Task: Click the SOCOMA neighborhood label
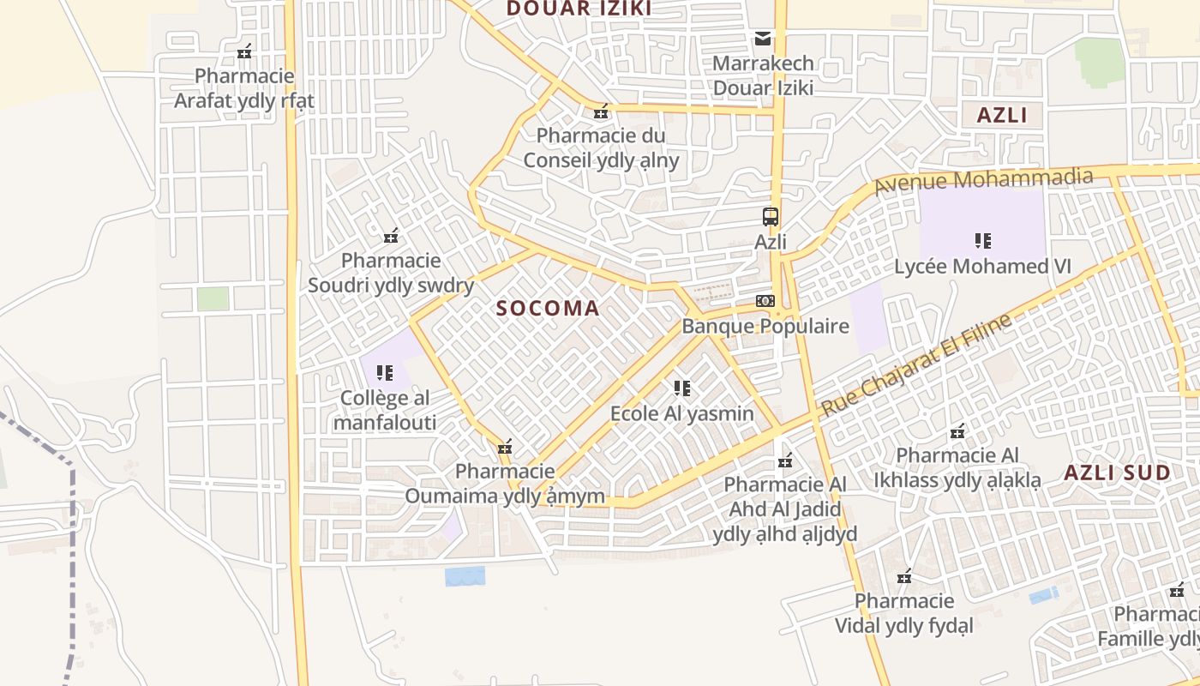[x=548, y=309]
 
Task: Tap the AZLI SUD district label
[x=1117, y=472]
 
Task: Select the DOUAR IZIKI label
[x=579, y=9]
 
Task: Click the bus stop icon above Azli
[x=771, y=216]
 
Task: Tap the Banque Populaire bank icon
[x=765, y=301]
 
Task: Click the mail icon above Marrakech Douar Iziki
[x=763, y=38]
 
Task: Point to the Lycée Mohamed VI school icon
[x=982, y=241]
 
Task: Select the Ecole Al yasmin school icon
[x=681, y=388]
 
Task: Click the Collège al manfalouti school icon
[x=385, y=373]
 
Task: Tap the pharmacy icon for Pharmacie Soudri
[x=391, y=235]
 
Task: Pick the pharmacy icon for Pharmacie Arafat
[x=244, y=51]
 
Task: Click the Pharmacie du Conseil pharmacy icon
[x=601, y=111]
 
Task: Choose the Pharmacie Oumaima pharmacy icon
[x=505, y=446]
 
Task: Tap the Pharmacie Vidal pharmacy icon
[x=904, y=576]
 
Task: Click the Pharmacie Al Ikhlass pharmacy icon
[x=957, y=430]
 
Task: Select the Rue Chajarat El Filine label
[x=915, y=365]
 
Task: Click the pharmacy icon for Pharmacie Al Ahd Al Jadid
[x=784, y=460]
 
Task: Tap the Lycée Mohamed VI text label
[x=982, y=267]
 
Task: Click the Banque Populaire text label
[x=765, y=326]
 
